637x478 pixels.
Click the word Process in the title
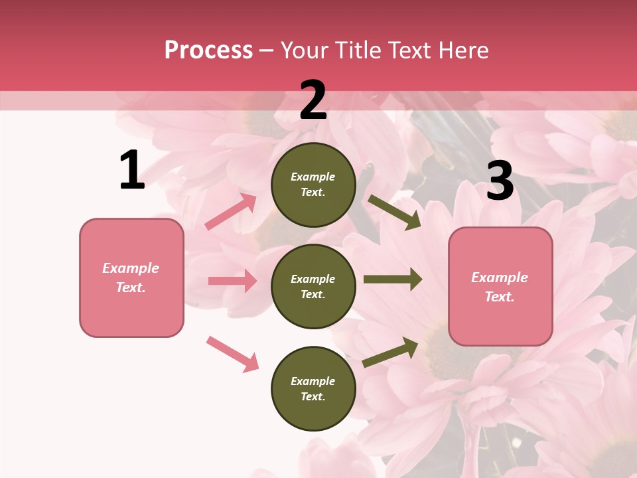pos(208,50)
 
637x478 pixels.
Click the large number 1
pos(132,171)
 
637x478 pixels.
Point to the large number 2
pos(313,100)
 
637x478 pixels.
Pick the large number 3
pos(500,181)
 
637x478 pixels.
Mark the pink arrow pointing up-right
pos(231,212)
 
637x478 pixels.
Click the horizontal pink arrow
pos(232,281)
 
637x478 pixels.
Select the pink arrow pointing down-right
pos(232,353)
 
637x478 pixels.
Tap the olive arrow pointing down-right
pos(394,212)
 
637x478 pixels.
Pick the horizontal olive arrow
pos(393,279)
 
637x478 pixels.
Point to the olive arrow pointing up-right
pos(390,352)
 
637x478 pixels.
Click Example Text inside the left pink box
pos(131,278)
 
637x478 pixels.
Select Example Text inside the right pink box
pos(500,287)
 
